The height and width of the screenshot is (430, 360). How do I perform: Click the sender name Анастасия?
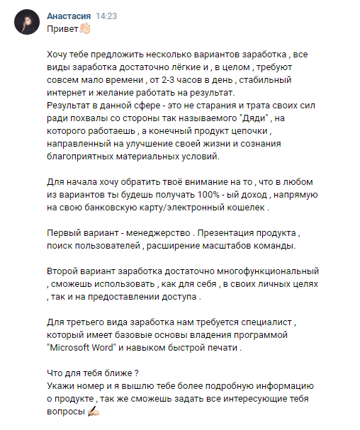68,16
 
